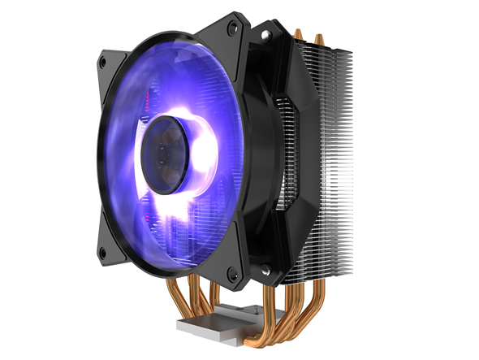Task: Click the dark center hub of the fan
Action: (x=167, y=154)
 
